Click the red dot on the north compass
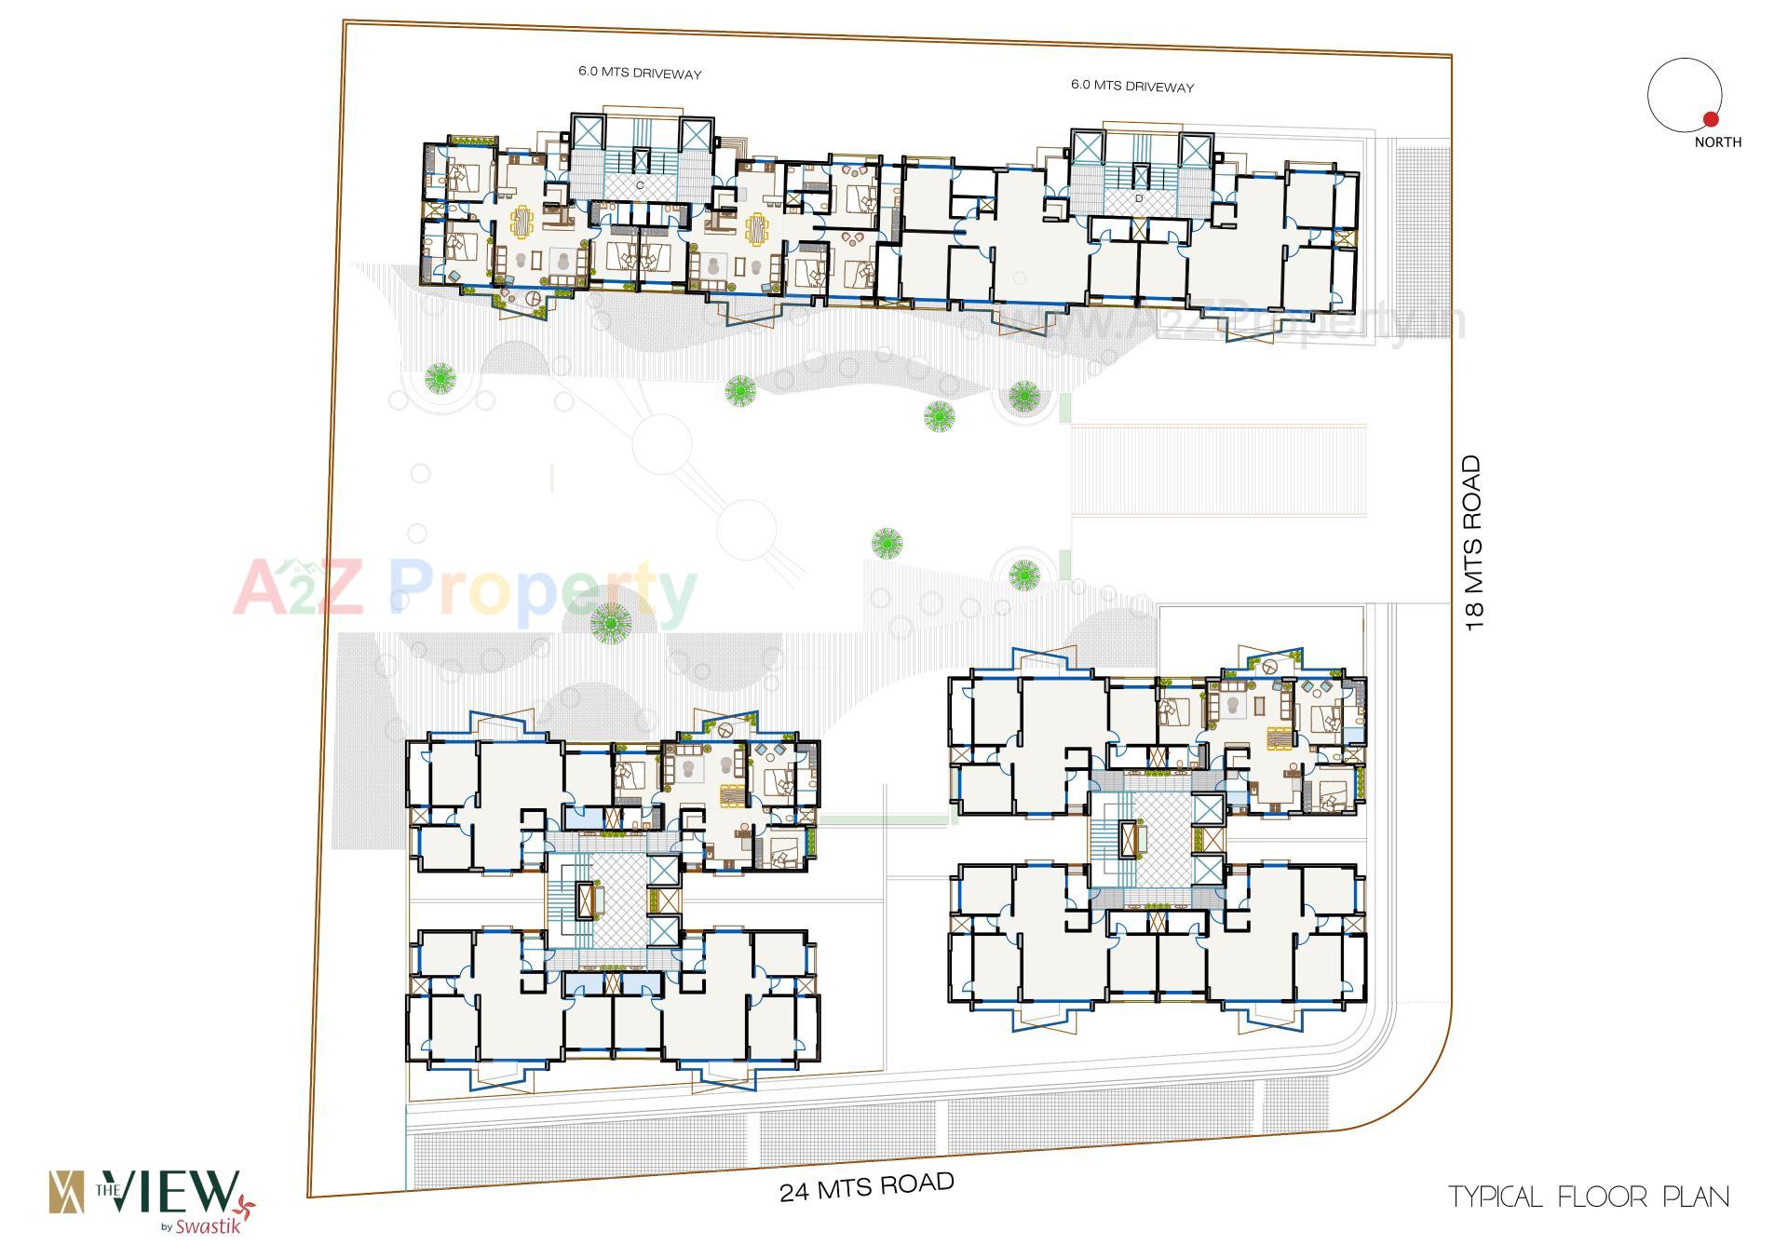[1710, 119]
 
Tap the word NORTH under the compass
[1717, 142]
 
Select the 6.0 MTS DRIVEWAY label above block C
[640, 73]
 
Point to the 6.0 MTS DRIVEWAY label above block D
[1131, 86]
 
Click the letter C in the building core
[640, 185]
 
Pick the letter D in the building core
[1138, 198]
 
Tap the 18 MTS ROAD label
[1472, 543]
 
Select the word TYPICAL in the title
[1496, 1197]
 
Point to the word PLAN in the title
[1697, 1197]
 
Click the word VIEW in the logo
[176, 1192]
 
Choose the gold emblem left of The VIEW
[66, 1193]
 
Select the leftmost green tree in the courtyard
[440, 377]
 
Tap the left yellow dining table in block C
[521, 223]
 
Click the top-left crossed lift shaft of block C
[588, 131]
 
